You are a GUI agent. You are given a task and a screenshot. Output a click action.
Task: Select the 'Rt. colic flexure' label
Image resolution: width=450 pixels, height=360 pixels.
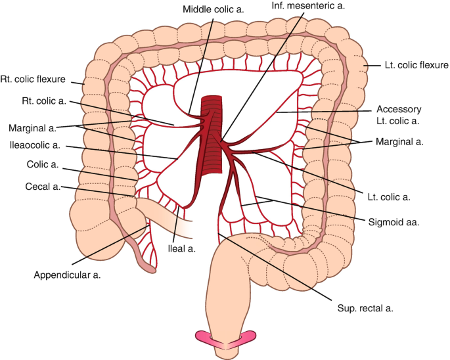point(33,79)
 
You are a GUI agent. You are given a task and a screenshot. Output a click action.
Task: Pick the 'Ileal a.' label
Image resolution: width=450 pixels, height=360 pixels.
point(183,248)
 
